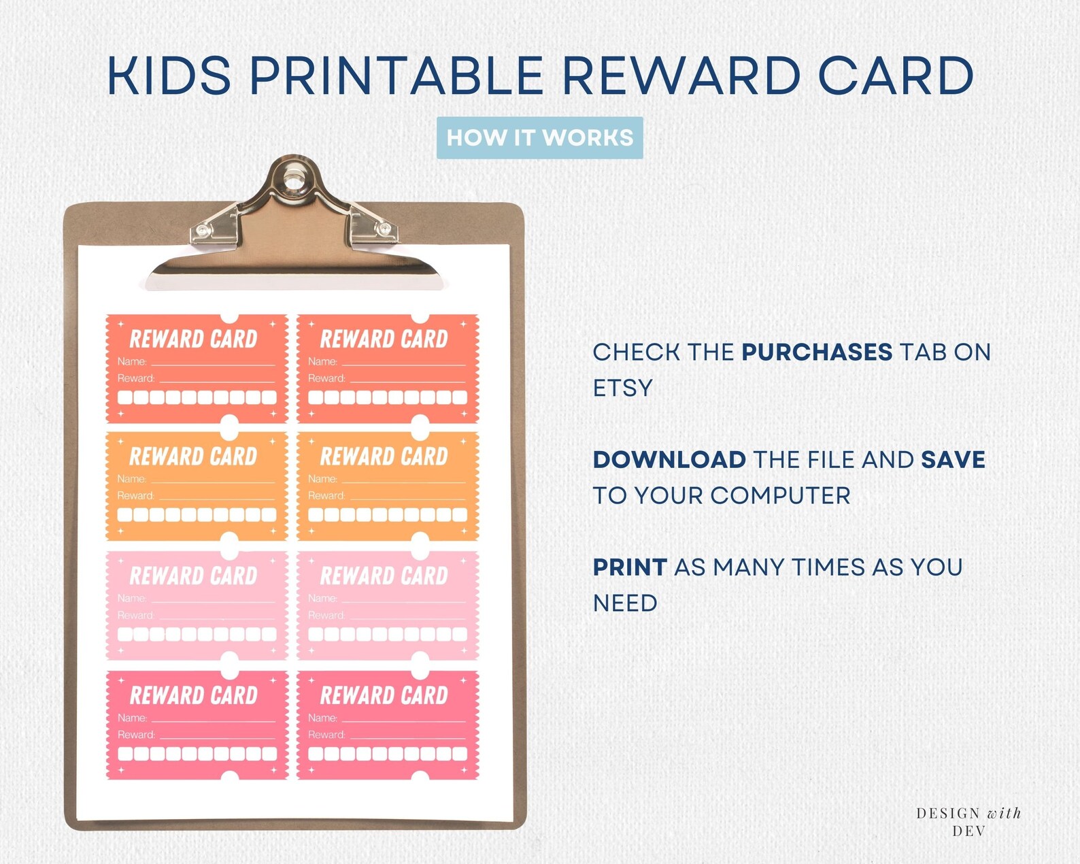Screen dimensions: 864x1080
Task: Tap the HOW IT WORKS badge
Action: click(x=539, y=137)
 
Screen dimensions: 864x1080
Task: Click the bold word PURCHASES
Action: click(x=816, y=352)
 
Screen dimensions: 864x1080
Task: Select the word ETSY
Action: click(x=622, y=388)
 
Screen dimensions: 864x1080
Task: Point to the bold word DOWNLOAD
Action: click(x=669, y=459)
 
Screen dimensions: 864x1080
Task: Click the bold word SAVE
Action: click(x=953, y=459)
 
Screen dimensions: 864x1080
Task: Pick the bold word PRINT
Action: click(x=630, y=567)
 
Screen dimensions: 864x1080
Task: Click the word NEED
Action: click(x=625, y=603)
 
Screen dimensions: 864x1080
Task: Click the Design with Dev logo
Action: click(x=968, y=822)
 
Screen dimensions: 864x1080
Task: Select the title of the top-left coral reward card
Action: click(x=194, y=339)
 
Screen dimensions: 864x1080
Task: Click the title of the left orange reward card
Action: click(x=194, y=456)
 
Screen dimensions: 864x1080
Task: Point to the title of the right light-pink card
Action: click(x=384, y=576)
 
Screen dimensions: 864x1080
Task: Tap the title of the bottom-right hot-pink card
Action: click(x=384, y=695)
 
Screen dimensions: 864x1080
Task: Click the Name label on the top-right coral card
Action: click(x=322, y=361)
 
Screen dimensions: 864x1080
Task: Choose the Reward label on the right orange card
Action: click(x=326, y=495)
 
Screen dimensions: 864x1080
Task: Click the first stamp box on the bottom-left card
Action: click(x=125, y=753)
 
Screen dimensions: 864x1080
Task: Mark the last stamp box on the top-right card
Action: click(x=460, y=397)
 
